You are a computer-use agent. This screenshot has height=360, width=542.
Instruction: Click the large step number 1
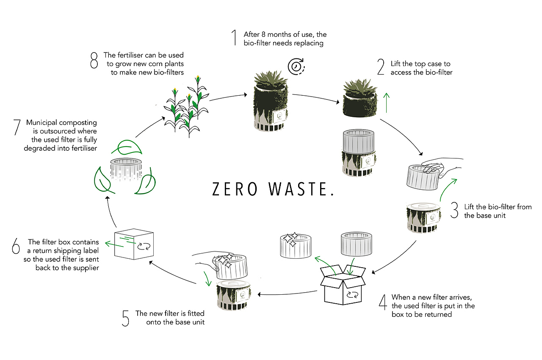click(x=234, y=38)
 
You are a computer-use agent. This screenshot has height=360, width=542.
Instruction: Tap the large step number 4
click(x=383, y=302)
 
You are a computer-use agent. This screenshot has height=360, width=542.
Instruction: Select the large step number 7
click(x=17, y=127)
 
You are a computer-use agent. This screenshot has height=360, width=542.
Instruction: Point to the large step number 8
click(x=94, y=60)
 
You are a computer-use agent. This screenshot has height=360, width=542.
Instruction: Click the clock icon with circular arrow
click(x=296, y=66)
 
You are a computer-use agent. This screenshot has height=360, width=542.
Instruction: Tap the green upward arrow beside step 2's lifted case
click(x=387, y=103)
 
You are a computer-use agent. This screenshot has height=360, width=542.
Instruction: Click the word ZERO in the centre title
click(x=235, y=189)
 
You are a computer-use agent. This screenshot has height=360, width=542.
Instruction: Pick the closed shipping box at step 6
click(x=134, y=244)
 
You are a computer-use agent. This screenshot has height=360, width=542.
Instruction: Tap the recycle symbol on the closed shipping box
click(x=144, y=246)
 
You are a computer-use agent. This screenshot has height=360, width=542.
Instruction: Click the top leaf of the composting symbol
click(x=127, y=147)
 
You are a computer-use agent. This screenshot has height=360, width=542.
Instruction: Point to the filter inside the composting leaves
click(x=126, y=169)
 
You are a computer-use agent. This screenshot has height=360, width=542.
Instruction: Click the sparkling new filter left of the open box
click(x=296, y=246)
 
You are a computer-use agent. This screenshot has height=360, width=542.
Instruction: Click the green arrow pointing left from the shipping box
click(x=114, y=244)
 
